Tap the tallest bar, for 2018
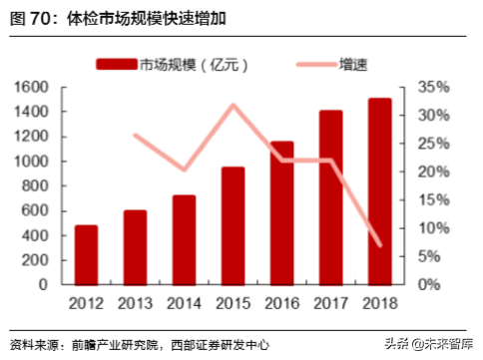click(379, 190)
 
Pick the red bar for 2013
click(135, 246)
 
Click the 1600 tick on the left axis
click(32, 88)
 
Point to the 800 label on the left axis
click(36, 185)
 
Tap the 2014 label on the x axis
click(184, 302)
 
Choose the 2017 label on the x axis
click(330, 302)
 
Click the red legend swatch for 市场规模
click(115, 65)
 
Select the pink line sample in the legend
click(319, 65)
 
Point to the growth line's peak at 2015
click(234, 105)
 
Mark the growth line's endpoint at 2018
click(379, 244)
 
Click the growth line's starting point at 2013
click(136, 136)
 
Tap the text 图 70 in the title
click(34, 18)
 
